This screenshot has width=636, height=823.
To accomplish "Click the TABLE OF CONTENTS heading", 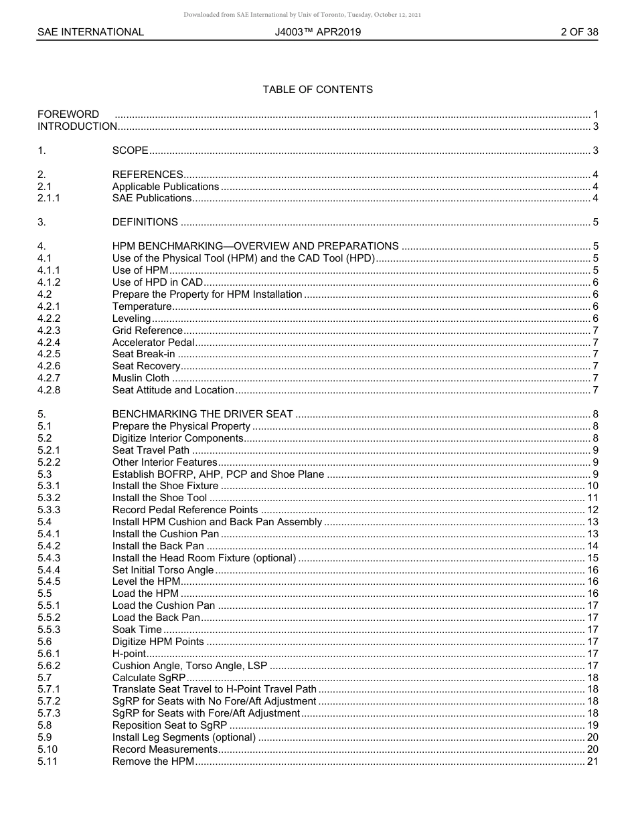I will click(x=317, y=90).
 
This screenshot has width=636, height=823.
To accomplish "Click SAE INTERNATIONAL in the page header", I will click(x=90, y=32).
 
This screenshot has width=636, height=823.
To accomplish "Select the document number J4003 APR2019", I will click(x=317, y=32).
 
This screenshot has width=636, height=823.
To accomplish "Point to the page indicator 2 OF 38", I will click(x=579, y=32).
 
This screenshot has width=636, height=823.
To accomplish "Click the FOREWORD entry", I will click(x=68, y=114).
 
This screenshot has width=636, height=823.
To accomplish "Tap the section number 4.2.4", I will click(x=49, y=343).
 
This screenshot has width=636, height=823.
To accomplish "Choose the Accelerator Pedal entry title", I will click(x=153, y=343).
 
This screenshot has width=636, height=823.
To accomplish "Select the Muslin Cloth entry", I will click(x=141, y=378).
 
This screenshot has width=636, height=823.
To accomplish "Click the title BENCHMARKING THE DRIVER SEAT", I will click(x=202, y=414).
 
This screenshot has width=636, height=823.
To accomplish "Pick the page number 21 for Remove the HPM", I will click(x=592, y=761).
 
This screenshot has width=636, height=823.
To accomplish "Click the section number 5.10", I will click(x=48, y=749).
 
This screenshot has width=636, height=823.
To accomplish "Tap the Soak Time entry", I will click(x=137, y=630).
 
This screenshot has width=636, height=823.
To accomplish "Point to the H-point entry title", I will click(x=129, y=654).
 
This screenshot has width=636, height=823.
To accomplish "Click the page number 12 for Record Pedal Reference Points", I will click(x=592, y=510).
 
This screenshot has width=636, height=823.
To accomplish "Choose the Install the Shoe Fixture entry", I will click(x=165, y=486).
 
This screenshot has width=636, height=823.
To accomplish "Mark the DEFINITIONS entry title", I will click(x=145, y=222).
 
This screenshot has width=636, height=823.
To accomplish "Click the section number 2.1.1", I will click(x=49, y=198).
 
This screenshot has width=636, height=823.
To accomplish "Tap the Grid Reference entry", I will click(x=147, y=331).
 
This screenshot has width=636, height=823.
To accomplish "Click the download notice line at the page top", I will click(x=302, y=15).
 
